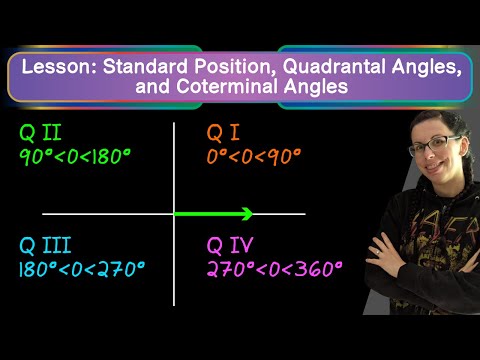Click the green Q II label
click(40, 132)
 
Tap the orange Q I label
click(223, 132)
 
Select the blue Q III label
click(45, 245)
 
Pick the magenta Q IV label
click(230, 245)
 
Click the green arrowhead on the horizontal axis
click(247, 214)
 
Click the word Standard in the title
click(146, 66)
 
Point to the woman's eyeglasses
click(435, 146)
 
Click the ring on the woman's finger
click(377, 253)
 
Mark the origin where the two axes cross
click(174, 214)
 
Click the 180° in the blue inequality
click(39, 269)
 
